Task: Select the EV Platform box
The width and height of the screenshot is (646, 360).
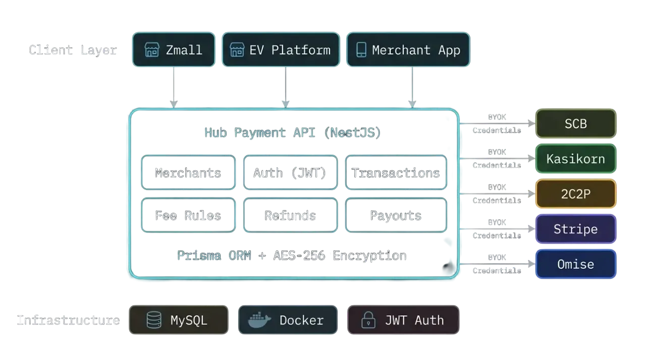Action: [x=281, y=50]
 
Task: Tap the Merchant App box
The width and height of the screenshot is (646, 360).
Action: [x=408, y=50]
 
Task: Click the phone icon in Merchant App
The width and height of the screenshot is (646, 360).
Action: [x=361, y=50]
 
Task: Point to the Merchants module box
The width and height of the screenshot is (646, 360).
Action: [x=188, y=172]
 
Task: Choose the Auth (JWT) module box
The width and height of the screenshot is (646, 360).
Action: [x=290, y=172]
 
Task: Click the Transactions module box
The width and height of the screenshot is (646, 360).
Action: [x=396, y=172]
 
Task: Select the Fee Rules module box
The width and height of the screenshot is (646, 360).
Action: [x=188, y=215]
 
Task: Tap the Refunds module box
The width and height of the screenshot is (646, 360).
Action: [x=290, y=215]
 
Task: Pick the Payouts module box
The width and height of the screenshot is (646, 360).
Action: [x=396, y=215]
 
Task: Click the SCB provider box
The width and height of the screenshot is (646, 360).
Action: [x=575, y=124]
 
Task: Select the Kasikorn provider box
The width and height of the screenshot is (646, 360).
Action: [x=575, y=159]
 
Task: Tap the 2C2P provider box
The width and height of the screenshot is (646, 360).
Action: [x=575, y=194]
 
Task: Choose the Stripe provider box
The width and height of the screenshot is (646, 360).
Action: [x=575, y=229]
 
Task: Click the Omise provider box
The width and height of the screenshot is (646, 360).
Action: [x=575, y=264]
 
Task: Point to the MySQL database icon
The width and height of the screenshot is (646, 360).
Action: [x=154, y=320]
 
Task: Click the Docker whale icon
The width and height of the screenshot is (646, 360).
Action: [x=258, y=320]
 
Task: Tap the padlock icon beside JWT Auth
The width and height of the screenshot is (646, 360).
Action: [x=369, y=320]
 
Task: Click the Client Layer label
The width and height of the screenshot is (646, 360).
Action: [x=73, y=50]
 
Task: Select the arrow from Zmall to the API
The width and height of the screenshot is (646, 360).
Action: [x=173, y=87]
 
